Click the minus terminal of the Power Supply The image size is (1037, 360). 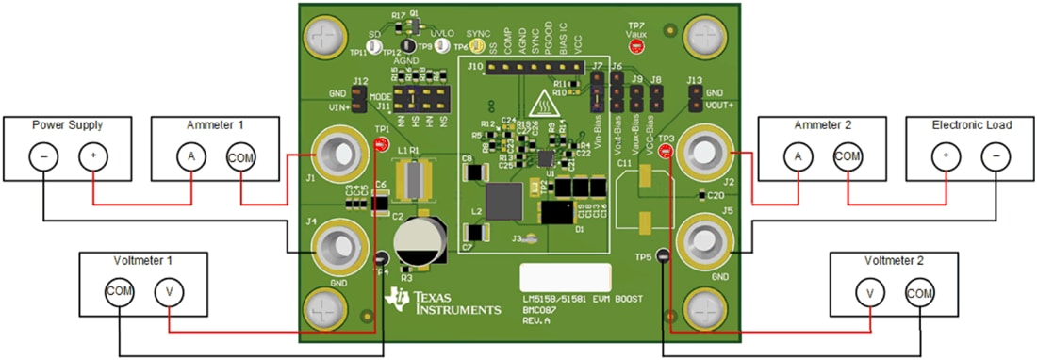[x=43, y=156]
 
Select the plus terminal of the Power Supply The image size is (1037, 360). [x=92, y=156]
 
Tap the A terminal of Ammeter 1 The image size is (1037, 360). [x=191, y=156]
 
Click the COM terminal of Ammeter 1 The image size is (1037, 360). [x=240, y=156]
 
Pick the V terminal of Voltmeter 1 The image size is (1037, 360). [x=169, y=292]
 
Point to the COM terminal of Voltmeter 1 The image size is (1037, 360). [x=120, y=292]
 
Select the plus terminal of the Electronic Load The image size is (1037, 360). [x=946, y=156]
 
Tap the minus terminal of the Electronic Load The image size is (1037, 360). [x=996, y=156]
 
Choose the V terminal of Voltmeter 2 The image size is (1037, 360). [x=869, y=292]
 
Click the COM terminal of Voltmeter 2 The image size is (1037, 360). [x=919, y=292]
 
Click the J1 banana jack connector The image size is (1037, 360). [x=337, y=154]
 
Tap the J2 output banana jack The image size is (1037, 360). [x=703, y=151]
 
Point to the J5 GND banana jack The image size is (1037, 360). [x=703, y=243]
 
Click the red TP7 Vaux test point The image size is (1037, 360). [x=636, y=45]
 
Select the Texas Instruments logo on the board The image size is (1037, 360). [x=444, y=303]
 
